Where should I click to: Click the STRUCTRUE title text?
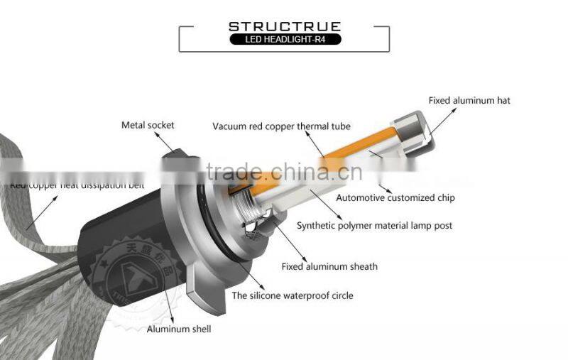click(x=284, y=26)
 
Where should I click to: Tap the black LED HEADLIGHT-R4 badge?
click(x=284, y=39)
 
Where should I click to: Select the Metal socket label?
click(x=148, y=126)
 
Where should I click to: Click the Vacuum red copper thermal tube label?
click(x=281, y=126)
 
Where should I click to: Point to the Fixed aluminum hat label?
click(x=469, y=101)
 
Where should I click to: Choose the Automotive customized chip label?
click(x=395, y=197)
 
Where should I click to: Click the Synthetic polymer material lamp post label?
click(x=374, y=226)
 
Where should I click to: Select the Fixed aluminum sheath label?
click(x=329, y=267)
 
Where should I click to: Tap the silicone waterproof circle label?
click(x=293, y=295)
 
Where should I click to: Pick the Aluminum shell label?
click(x=179, y=329)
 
